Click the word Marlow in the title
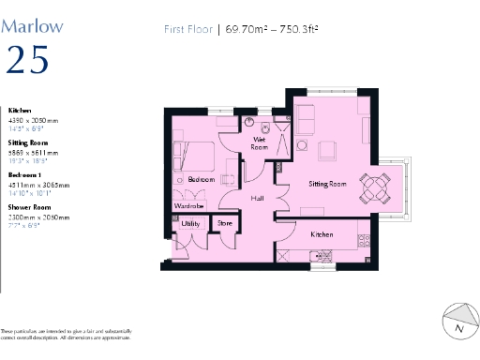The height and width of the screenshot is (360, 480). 33,25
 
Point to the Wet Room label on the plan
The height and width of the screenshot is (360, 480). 260,142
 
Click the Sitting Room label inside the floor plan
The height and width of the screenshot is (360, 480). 327,185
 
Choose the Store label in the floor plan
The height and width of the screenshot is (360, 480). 225,224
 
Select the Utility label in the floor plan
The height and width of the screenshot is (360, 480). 190,224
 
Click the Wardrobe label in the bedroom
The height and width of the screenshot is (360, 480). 189,206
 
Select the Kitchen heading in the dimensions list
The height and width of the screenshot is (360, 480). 20,110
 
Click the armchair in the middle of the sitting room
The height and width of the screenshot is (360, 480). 328,151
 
